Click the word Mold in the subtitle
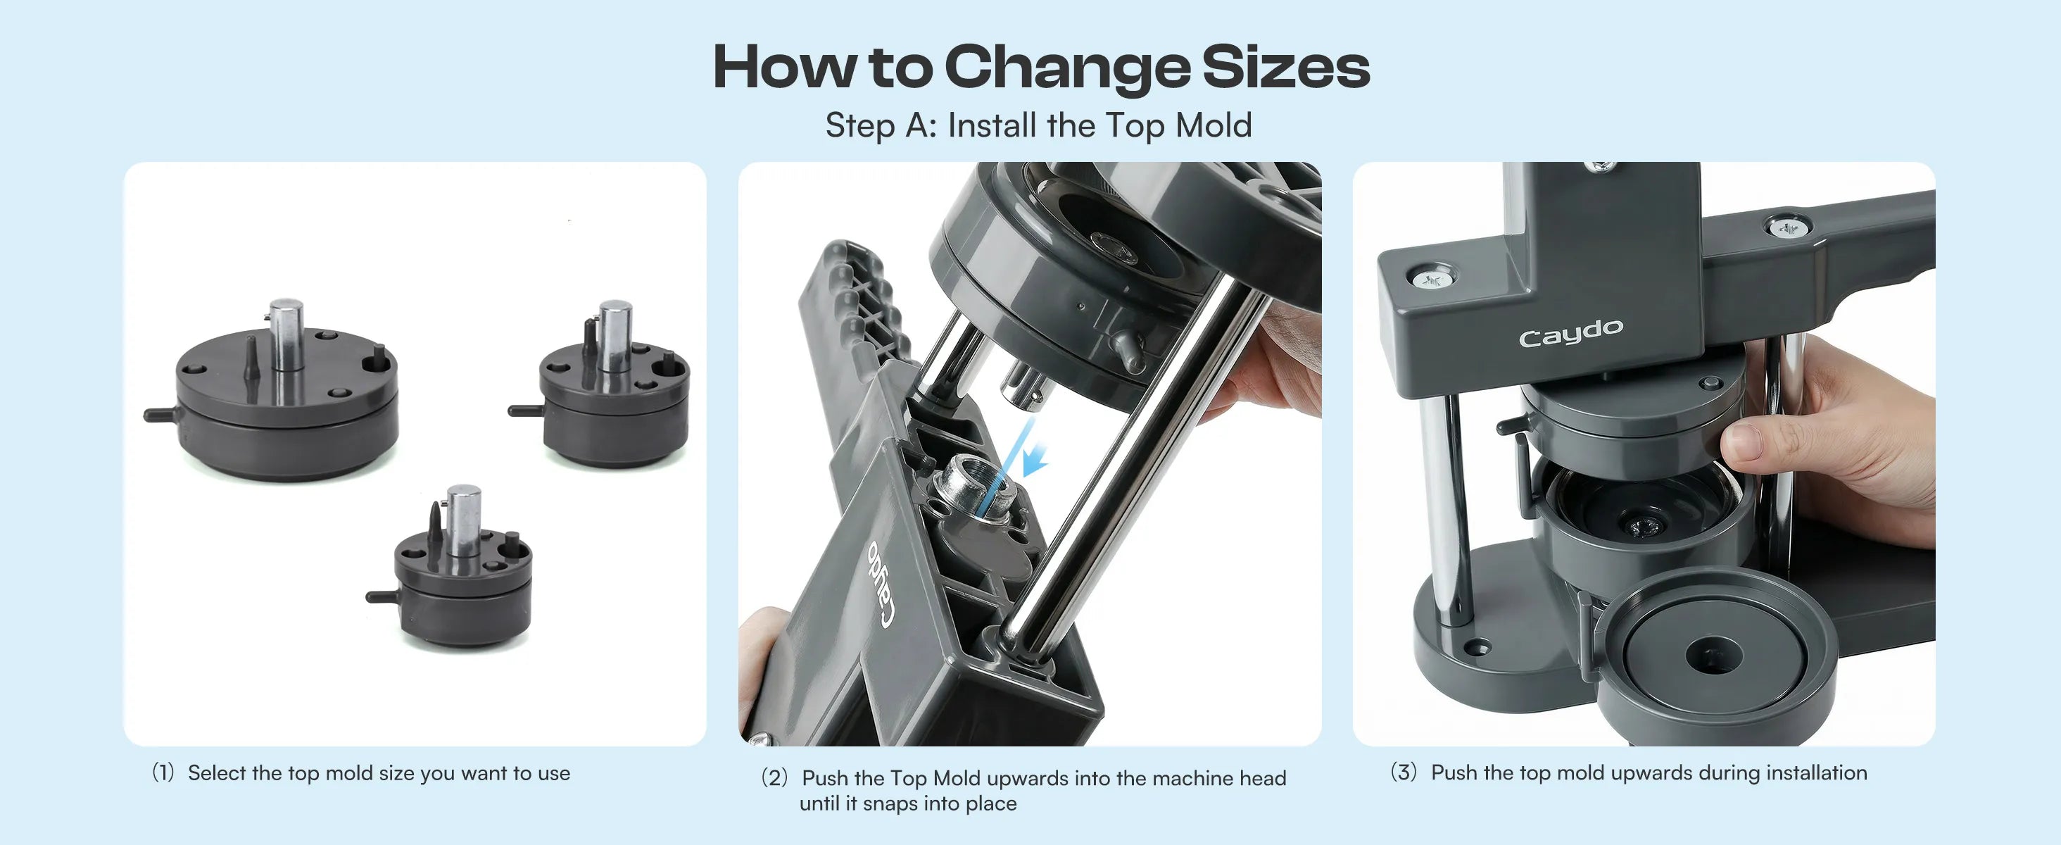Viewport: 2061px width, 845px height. tap(1213, 125)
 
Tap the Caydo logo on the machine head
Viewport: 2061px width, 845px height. tap(1570, 333)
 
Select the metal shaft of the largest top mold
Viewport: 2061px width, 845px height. tap(286, 334)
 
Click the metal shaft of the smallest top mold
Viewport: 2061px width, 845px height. tap(463, 520)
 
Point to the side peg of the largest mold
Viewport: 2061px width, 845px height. tap(160, 414)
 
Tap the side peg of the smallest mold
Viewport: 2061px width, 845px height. tap(382, 596)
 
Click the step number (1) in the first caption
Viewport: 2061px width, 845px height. tap(163, 773)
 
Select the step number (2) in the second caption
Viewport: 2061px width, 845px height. tap(774, 778)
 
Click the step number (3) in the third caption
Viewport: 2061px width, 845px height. tap(1404, 772)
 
